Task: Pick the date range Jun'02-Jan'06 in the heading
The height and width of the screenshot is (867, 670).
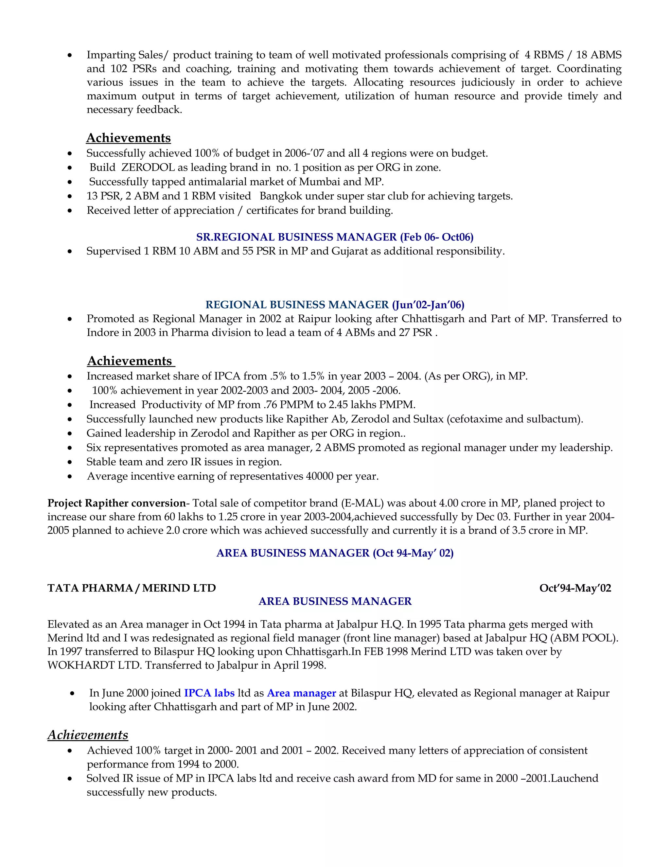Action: point(428,305)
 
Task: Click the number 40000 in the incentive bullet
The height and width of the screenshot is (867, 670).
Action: point(320,476)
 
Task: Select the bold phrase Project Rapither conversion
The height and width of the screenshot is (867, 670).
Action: point(116,504)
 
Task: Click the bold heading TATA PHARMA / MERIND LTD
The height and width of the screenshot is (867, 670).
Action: point(132,588)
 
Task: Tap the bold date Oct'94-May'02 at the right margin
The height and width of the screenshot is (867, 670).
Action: point(575,588)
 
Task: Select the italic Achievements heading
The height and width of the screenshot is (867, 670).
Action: point(88,735)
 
